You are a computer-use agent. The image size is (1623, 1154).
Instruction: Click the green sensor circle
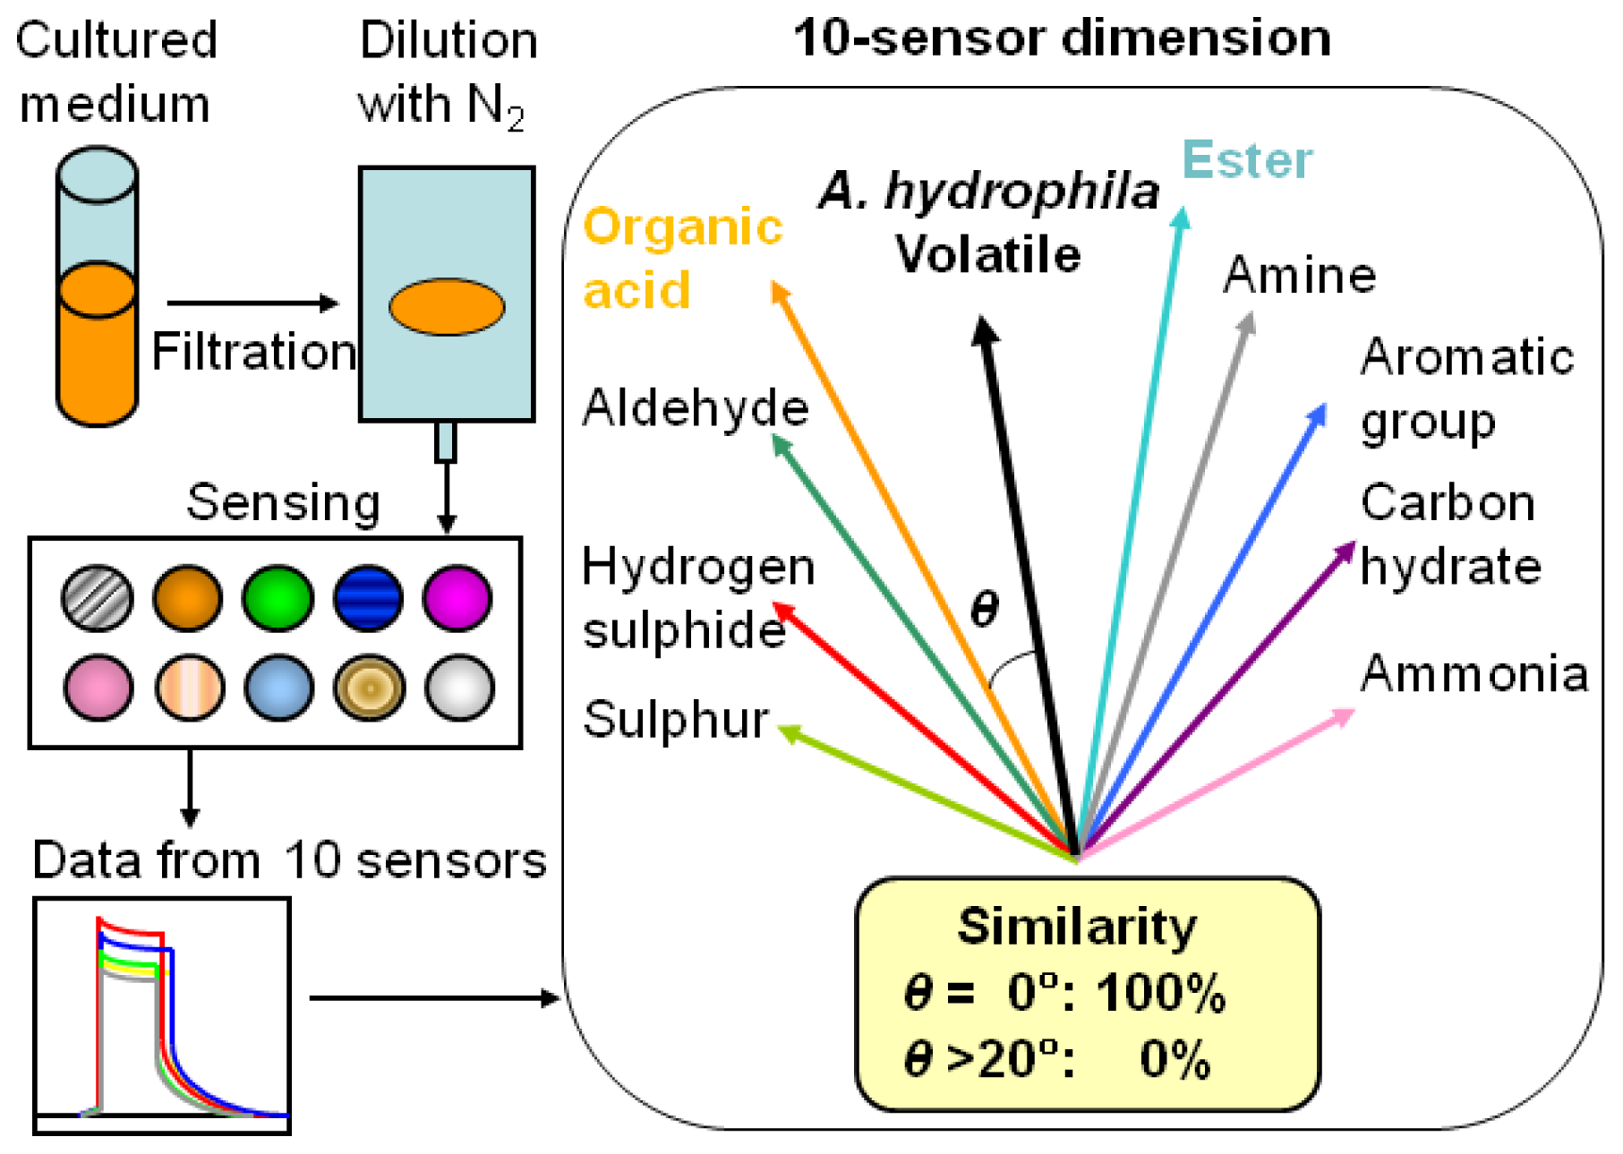[278, 598]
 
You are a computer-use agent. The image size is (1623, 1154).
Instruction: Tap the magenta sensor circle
[457, 598]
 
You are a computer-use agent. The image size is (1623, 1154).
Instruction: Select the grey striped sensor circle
[98, 598]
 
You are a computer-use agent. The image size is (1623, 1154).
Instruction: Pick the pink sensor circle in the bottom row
[98, 688]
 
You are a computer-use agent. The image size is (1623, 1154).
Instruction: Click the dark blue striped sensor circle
[368, 598]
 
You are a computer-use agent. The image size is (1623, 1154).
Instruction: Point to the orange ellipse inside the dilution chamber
[447, 306]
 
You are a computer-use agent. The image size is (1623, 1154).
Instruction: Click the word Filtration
[253, 351]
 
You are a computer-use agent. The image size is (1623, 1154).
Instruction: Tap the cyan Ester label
[1247, 161]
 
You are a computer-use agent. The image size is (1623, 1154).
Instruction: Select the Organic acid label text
[682, 258]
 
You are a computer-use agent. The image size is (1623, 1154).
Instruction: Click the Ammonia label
[1474, 673]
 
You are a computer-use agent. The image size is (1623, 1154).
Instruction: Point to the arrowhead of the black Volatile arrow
[984, 328]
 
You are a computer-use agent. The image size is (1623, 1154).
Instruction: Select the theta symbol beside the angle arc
[984, 609]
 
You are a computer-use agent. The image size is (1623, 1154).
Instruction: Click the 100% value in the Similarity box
[1161, 993]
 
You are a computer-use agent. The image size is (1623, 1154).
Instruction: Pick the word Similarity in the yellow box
[1077, 926]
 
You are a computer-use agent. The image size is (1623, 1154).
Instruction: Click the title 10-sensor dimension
[1062, 39]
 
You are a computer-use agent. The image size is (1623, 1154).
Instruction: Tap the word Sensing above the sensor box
[283, 502]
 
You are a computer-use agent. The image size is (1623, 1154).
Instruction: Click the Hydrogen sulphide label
[696, 598]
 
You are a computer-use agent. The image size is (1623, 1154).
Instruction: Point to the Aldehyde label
[695, 408]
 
